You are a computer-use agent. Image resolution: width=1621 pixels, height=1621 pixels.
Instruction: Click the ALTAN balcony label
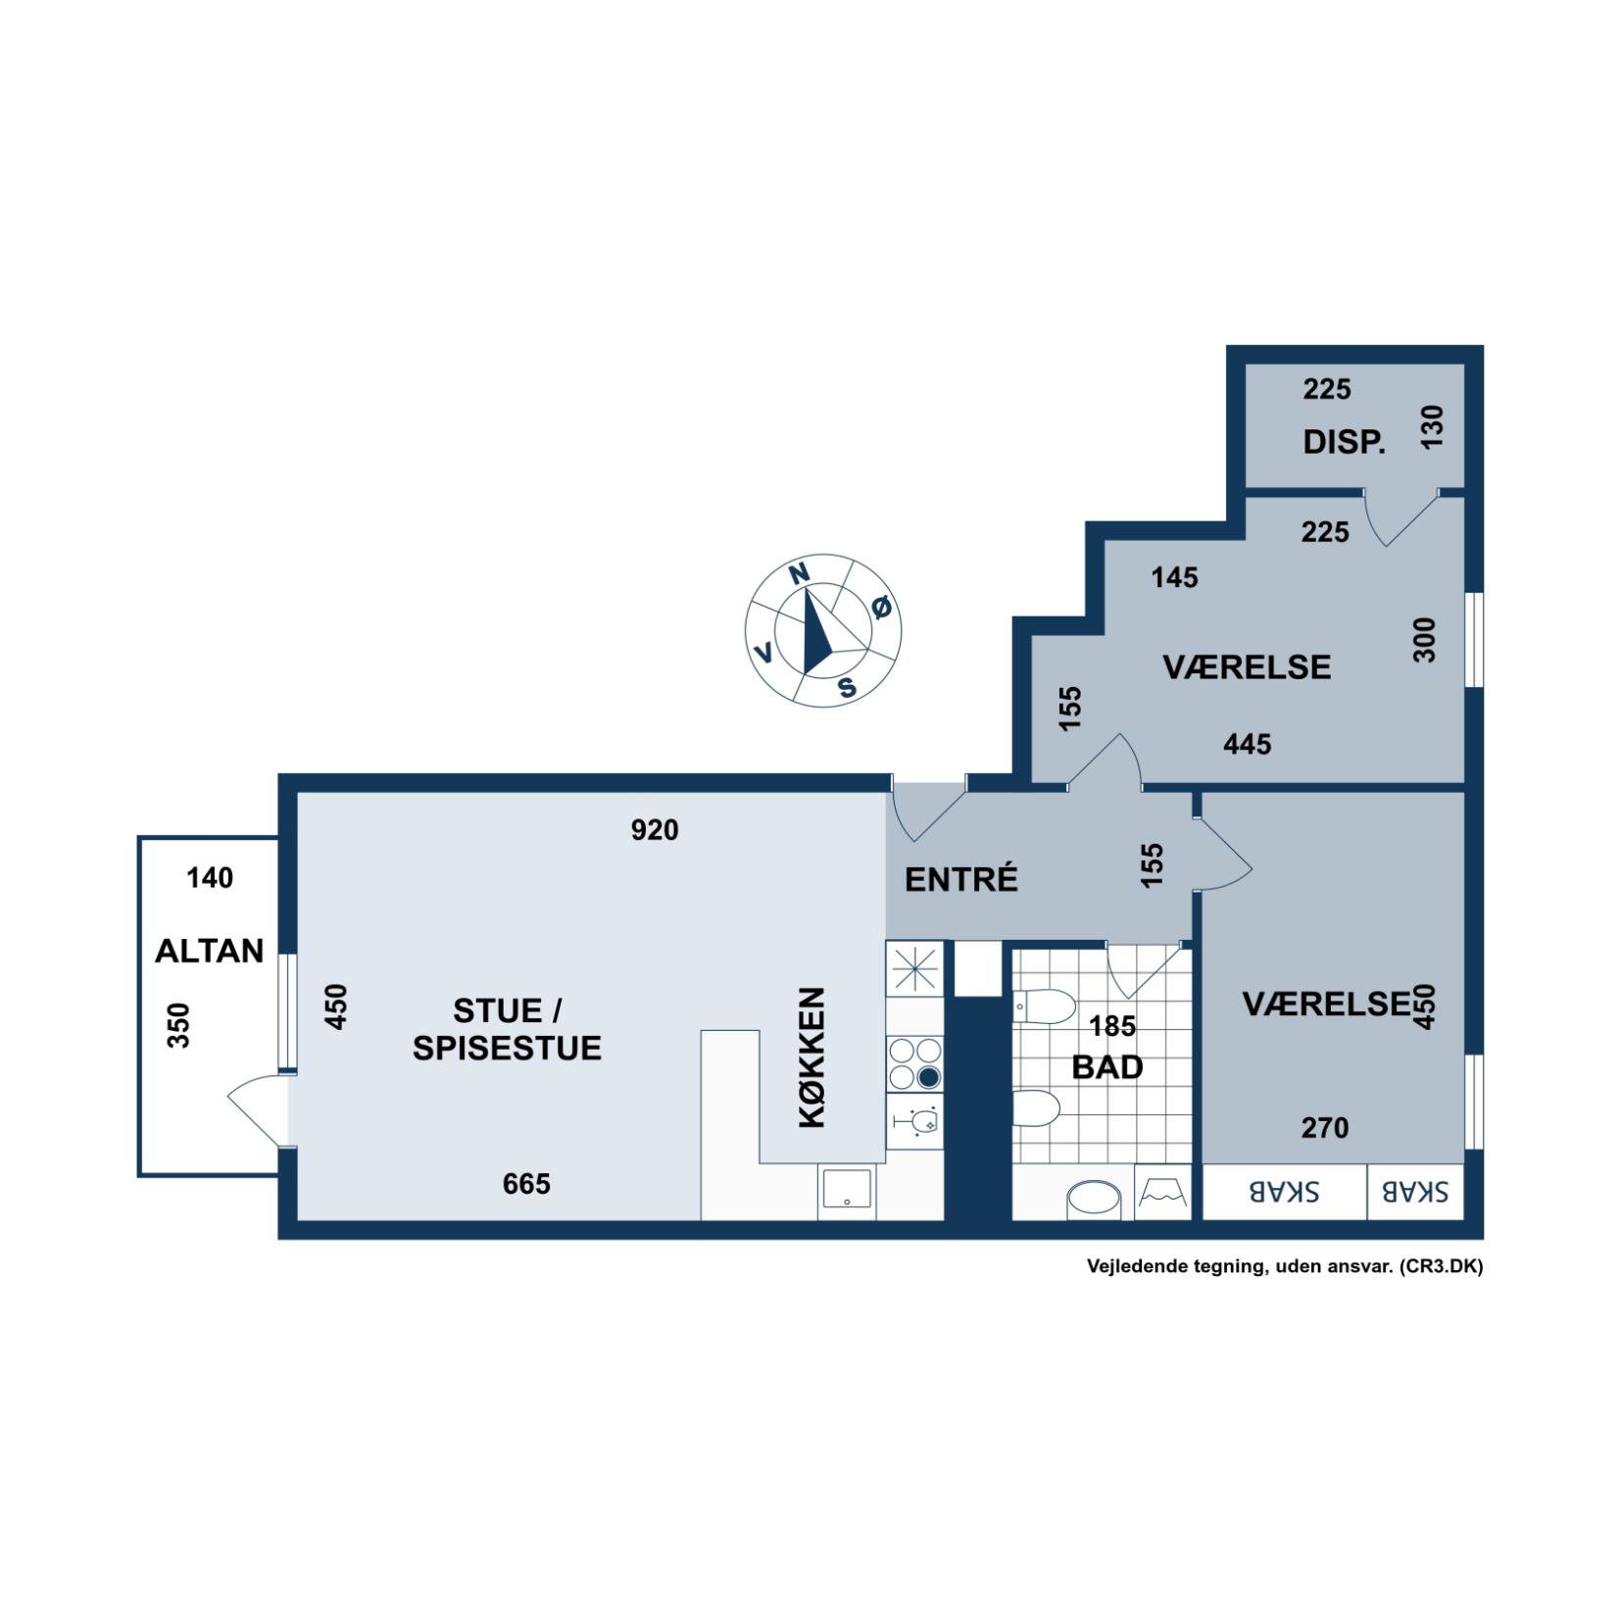[210, 951]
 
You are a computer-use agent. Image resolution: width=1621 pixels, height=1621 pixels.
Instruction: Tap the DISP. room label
[1344, 442]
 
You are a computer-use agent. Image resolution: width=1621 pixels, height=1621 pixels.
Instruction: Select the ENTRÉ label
[960, 879]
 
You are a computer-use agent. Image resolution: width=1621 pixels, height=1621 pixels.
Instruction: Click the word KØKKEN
[812, 1057]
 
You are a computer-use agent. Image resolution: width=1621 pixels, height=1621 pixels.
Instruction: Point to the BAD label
[1107, 1067]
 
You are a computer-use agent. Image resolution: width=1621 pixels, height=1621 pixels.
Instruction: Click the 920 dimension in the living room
[655, 830]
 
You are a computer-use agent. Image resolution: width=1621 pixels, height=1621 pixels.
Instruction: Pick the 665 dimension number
[526, 1184]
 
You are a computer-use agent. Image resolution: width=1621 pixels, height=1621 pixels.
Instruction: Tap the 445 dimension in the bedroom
[1247, 744]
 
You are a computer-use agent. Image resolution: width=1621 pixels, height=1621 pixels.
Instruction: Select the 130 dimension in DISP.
[1432, 427]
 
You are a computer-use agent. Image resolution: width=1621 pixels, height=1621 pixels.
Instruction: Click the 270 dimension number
[1325, 1128]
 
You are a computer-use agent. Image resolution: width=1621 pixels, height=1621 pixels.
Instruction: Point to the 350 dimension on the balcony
[178, 1025]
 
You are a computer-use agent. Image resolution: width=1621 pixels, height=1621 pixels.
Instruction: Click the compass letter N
[800, 573]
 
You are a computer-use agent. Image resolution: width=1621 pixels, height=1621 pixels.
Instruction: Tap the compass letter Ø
[882, 608]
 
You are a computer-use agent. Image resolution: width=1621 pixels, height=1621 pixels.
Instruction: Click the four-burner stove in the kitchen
[914, 1064]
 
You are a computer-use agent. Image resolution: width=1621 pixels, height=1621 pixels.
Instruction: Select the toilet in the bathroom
[1044, 1006]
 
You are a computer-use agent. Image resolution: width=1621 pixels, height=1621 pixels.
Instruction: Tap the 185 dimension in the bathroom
[1112, 1026]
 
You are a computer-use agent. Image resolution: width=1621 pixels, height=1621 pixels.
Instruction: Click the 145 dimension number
[1174, 577]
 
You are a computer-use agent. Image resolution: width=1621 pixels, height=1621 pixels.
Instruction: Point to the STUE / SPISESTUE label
[507, 1029]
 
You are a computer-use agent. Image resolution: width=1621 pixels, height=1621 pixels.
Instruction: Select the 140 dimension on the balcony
[210, 877]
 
